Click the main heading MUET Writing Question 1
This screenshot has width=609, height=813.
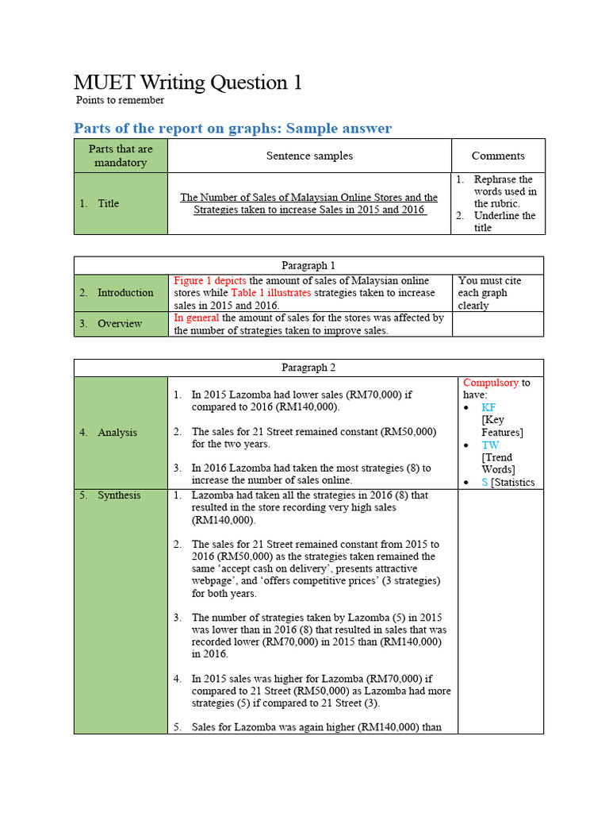[187, 83]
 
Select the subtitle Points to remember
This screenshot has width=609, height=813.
[120, 100]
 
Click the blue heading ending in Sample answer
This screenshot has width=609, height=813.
[232, 128]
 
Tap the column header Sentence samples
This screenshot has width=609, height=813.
[309, 156]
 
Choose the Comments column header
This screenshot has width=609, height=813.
[498, 156]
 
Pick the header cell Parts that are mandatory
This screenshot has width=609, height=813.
[121, 156]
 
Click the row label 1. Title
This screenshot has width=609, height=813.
[99, 203]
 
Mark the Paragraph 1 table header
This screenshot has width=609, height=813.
[309, 265]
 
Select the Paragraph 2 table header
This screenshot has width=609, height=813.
[309, 367]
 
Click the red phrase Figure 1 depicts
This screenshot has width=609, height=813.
[210, 280]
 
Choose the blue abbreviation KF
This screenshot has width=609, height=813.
[488, 407]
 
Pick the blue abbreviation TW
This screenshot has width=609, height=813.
[490, 445]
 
